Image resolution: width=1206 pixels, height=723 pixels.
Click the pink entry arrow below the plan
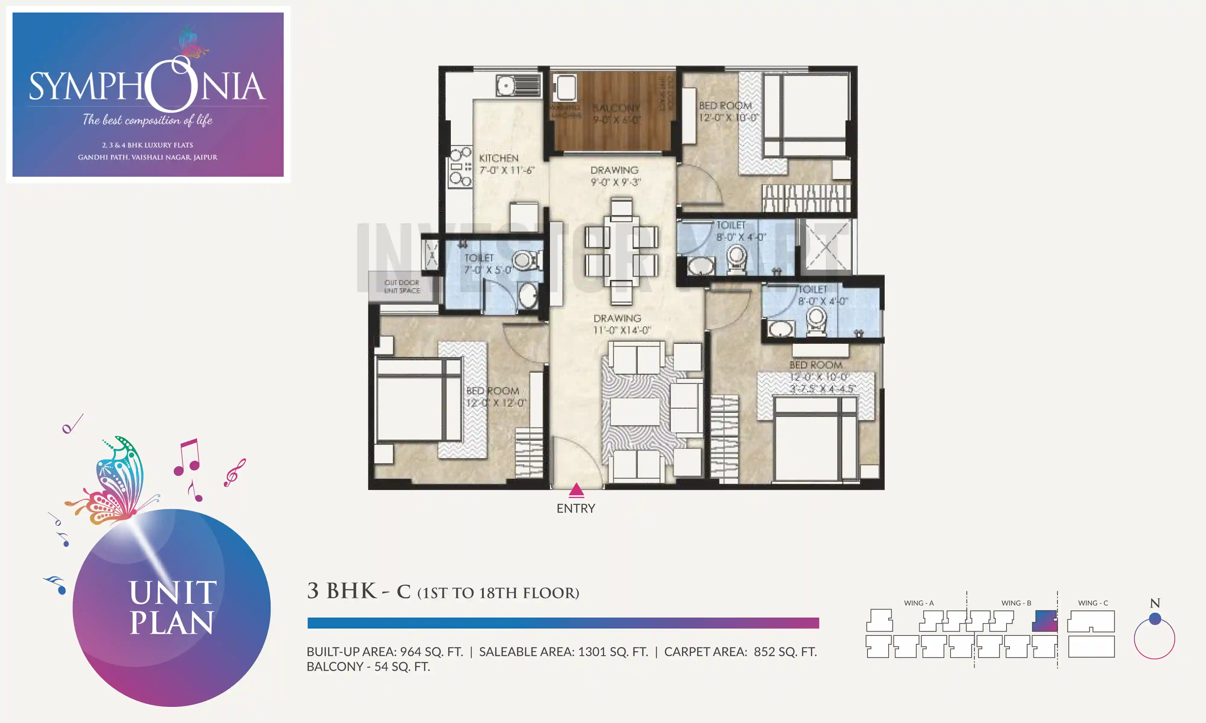click(576, 490)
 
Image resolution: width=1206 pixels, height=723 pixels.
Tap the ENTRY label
click(576, 509)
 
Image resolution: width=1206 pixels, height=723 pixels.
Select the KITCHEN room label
click(498, 158)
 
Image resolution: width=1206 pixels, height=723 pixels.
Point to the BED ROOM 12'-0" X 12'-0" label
click(495, 396)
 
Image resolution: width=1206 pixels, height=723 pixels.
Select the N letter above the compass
click(1155, 603)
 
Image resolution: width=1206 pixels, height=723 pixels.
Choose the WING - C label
click(1093, 603)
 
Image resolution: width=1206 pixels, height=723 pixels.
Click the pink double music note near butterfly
click(187, 456)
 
